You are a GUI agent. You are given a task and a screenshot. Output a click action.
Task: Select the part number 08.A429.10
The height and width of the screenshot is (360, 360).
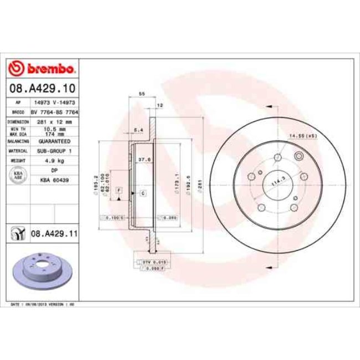click(41, 88)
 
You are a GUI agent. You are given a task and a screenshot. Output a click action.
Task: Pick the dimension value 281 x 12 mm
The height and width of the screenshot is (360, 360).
click(54, 121)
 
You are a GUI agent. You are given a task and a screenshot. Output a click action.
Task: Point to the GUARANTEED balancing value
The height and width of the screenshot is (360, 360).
click(54, 141)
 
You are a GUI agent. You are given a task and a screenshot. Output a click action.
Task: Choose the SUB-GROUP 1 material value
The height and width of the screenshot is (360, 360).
click(54, 151)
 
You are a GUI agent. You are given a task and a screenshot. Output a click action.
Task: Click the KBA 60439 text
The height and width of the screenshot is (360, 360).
click(54, 181)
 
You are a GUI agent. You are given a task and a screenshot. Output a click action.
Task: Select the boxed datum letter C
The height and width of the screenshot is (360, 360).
click(142, 193)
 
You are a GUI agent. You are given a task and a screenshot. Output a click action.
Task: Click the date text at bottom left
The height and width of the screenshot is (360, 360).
click(43, 305)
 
